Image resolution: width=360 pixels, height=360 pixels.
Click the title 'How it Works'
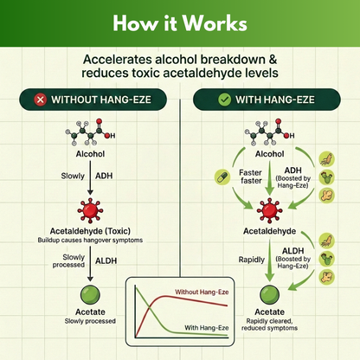[180, 21]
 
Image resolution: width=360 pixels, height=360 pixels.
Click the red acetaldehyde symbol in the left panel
[90, 210]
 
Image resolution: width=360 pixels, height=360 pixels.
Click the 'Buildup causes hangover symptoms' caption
[90, 240]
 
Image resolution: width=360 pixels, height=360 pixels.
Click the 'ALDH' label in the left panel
[106, 260]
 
